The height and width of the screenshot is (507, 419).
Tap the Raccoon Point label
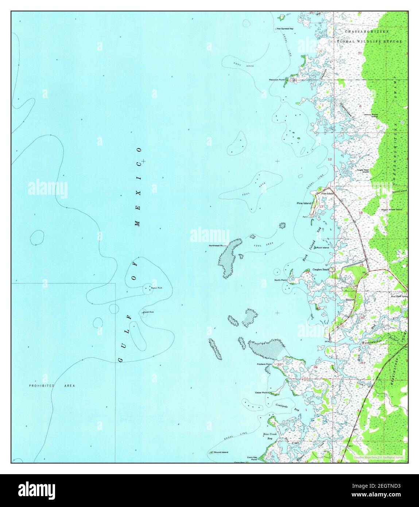276,79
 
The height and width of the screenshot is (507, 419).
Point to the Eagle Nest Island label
363,170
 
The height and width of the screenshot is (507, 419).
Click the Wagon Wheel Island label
391,210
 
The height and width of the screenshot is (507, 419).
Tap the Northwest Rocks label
218,245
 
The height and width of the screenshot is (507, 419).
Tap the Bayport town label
350,299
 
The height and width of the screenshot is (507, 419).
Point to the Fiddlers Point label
264,364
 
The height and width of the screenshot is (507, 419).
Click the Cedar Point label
261,392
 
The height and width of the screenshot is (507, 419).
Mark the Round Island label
221,452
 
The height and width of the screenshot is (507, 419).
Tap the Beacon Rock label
157,288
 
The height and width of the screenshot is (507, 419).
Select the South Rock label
149,312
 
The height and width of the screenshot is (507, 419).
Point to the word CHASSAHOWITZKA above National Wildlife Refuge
366,32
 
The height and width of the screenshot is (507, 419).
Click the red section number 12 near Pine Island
330,159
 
